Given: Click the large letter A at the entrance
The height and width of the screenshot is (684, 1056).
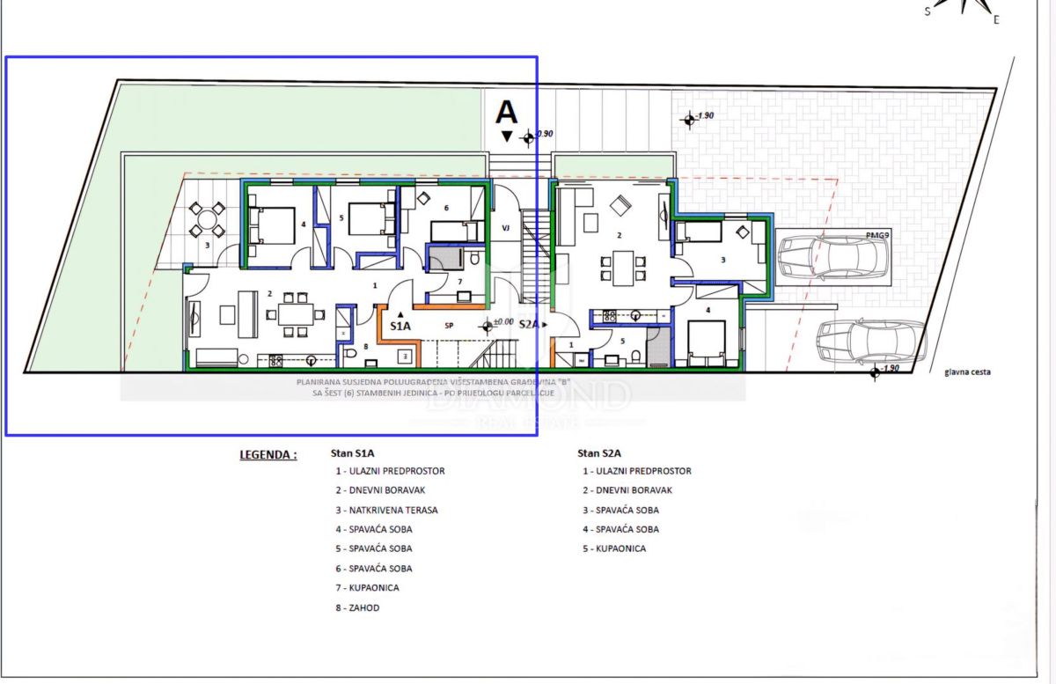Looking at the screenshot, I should (506, 112).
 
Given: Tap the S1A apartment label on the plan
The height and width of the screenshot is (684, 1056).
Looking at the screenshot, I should (400, 326).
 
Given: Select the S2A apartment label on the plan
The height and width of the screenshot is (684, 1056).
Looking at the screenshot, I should (529, 324).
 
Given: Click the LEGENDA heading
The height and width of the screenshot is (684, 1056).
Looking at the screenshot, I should (268, 455).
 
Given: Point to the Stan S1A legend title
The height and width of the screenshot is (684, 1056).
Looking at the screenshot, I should (353, 453).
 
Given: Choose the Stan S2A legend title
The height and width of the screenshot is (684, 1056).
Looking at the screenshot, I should (600, 453).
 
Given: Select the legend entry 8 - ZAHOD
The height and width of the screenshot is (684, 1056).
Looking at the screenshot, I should (357, 607).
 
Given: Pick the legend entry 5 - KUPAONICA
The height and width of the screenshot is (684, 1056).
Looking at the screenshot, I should (613, 548).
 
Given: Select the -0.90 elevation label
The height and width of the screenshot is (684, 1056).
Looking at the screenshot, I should (546, 133).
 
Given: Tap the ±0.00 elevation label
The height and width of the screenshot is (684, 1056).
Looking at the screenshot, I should (503, 322).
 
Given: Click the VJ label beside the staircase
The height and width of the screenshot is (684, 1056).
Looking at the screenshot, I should (506, 227).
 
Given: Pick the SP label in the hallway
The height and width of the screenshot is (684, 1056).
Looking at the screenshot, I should (449, 325).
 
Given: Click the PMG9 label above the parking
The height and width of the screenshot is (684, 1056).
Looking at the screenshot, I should (877, 234).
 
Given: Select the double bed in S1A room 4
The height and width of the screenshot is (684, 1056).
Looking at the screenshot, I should (274, 225).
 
